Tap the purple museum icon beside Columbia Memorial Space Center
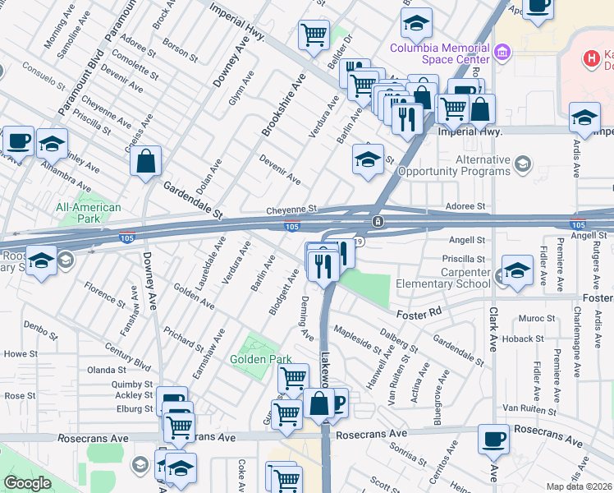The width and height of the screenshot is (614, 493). (502, 53)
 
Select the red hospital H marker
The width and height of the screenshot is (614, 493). (589, 59)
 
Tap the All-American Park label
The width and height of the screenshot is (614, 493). (89, 214)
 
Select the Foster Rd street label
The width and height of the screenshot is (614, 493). (419, 312)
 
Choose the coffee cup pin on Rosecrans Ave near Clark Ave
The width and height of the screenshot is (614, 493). (493, 440)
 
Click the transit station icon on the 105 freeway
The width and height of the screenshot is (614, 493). (377, 222)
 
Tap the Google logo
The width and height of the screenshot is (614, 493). (27, 483)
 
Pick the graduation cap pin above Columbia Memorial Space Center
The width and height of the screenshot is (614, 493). (417, 22)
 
